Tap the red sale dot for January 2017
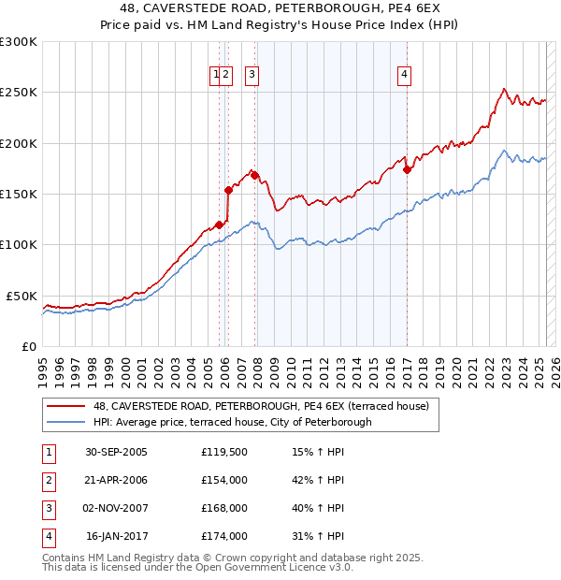[407, 170]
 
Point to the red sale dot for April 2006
[228, 190]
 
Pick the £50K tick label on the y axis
[22, 296]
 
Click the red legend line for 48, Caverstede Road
[65, 406]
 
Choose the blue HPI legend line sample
[65, 422]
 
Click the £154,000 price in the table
[224, 480]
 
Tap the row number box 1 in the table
[49, 452]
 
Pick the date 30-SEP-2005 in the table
[117, 452]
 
